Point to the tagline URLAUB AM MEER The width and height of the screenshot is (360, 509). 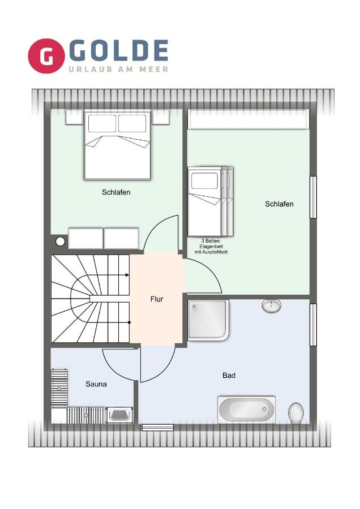118,69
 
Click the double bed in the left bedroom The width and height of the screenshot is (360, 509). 118,145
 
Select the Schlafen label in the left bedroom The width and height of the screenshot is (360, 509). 116,192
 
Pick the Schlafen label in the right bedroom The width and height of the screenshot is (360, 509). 279,204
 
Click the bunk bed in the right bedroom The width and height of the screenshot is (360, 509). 210,201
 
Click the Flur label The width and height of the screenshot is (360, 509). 157,299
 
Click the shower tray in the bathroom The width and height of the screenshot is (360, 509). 208,320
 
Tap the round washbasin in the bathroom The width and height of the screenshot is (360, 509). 272,306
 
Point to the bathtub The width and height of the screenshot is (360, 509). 246,409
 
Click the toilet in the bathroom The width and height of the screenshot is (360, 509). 295,412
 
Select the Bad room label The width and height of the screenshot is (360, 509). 229,375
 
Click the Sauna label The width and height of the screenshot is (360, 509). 96,384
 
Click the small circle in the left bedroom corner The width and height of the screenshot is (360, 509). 61,241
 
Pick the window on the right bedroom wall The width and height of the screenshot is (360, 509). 312,197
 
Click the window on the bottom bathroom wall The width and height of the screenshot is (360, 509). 157,427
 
